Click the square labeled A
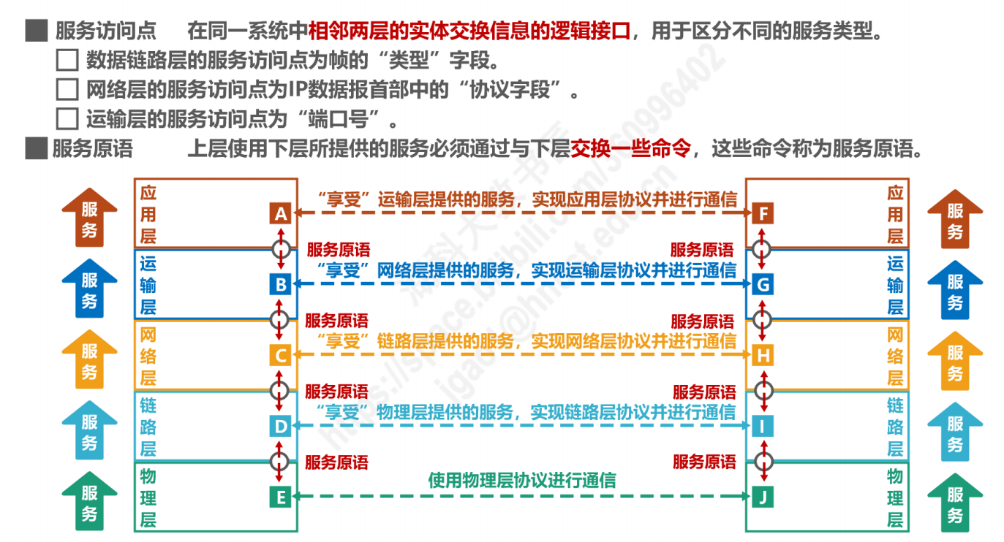(279, 214)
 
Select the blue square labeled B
(279, 284)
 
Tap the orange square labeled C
(279, 356)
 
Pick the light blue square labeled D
(279, 426)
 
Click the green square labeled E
(279, 497)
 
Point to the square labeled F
(763, 214)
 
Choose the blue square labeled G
(763, 284)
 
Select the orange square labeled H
(763, 356)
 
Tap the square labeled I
(763, 426)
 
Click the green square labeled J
(763, 497)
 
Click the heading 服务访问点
(105, 31)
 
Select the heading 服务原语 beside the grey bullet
(92, 149)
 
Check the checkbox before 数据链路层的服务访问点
(67, 60)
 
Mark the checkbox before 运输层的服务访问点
(67, 118)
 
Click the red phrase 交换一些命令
(630, 149)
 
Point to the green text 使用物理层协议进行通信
(521, 480)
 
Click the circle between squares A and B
(280, 248)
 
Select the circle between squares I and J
(763, 462)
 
